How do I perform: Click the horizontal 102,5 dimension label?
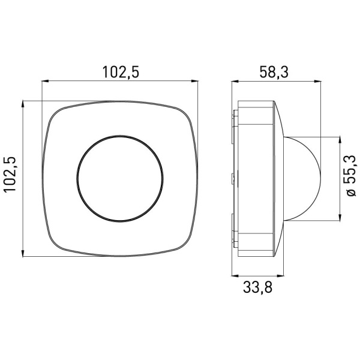[x=121, y=72]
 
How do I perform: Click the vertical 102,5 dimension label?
[x=10, y=174]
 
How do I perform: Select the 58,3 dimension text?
[x=274, y=72]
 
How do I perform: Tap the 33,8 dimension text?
[x=257, y=287]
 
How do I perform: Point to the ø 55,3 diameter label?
[x=350, y=176]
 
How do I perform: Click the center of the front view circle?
[x=120, y=178]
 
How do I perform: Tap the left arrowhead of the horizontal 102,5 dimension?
[x=45, y=81]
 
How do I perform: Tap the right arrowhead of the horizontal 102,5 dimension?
[x=194, y=81]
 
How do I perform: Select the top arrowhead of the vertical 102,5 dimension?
[x=23, y=104]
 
